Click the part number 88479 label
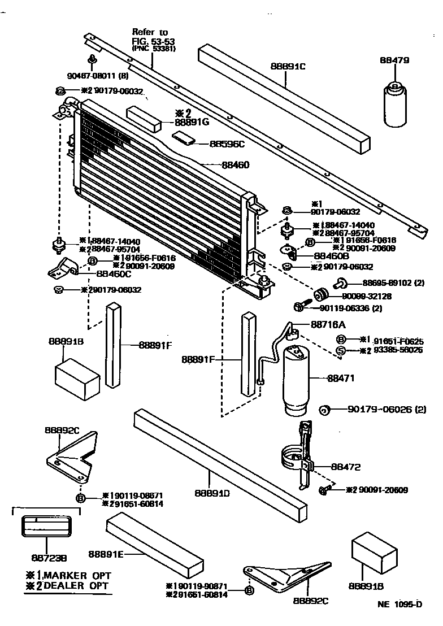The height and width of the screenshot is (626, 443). tap(394, 60)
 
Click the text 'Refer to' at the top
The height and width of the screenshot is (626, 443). tap(150, 32)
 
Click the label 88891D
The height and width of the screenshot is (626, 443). tap(212, 493)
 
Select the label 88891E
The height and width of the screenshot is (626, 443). tap(106, 555)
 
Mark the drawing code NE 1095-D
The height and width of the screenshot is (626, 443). tap(399, 603)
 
